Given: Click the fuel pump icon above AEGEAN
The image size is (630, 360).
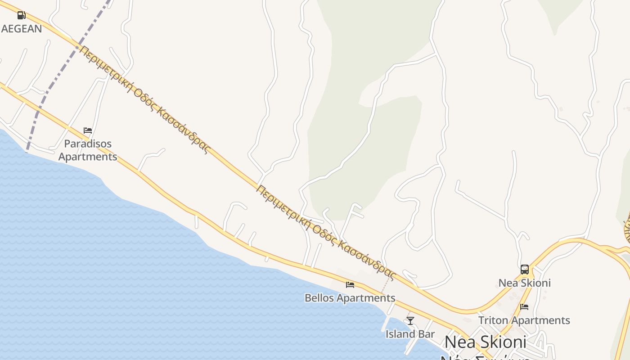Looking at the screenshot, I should point(21,15).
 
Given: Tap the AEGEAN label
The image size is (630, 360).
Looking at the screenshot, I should point(22,29).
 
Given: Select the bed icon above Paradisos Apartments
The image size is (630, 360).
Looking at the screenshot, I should point(88,130).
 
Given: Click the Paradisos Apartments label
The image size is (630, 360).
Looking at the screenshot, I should point(88,150).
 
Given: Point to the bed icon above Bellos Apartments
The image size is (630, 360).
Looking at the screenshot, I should point(350,284).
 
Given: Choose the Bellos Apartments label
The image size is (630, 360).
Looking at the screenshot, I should point(350,298).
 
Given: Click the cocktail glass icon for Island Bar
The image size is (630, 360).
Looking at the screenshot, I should point(410,320).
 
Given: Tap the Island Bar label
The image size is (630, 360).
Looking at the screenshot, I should point(410,334).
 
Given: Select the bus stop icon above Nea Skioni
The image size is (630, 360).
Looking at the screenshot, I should point(525,270).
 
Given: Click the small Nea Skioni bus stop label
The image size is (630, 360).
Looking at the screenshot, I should point(525,283).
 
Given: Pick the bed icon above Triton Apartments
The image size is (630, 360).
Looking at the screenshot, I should point(524,307).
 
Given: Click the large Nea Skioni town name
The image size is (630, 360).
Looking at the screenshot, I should point(485,342).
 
